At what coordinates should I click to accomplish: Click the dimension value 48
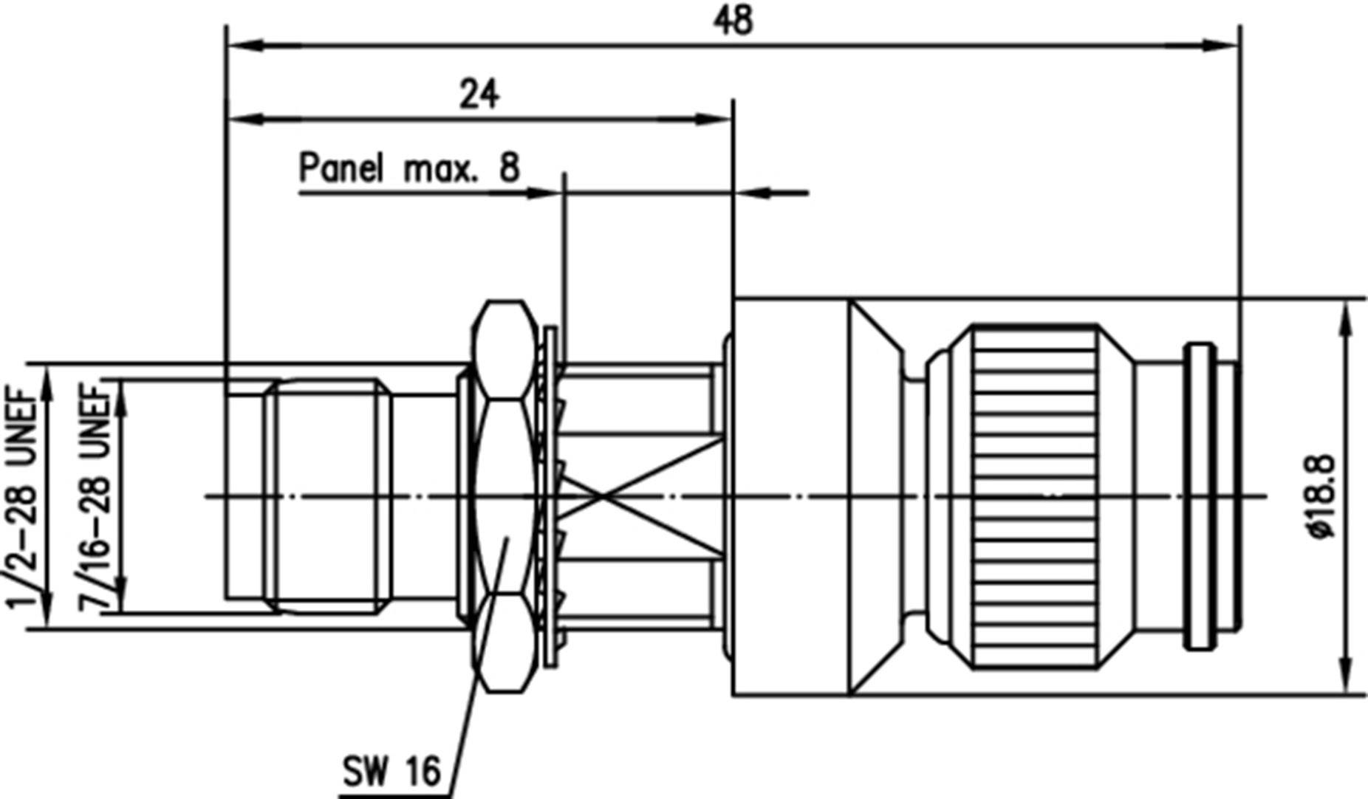tap(733, 20)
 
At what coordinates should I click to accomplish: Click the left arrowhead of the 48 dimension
tap(247, 46)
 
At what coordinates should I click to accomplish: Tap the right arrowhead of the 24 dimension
tap(714, 119)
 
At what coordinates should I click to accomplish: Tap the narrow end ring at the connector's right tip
tap(1200, 496)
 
